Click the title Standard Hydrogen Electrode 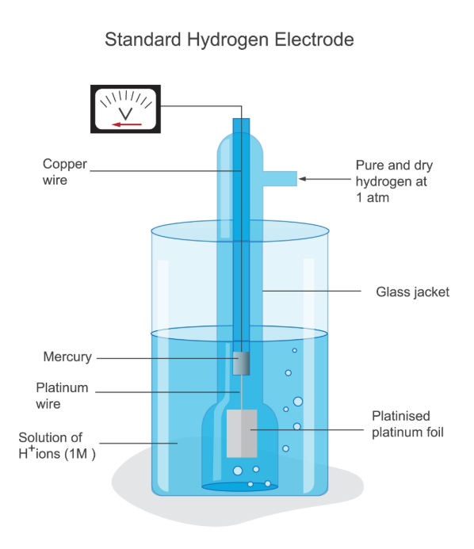tap(229, 39)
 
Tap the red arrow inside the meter tap(126, 124)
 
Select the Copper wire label tap(64, 172)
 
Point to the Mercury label tap(67, 357)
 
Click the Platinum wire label tap(62, 396)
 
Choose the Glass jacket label tap(412, 292)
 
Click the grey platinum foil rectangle tap(242, 433)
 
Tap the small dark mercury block tap(242, 364)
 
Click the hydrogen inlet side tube tap(279, 179)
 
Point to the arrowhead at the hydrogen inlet tap(302, 179)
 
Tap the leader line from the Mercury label tap(166, 358)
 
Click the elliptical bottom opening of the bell tap(240, 486)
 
